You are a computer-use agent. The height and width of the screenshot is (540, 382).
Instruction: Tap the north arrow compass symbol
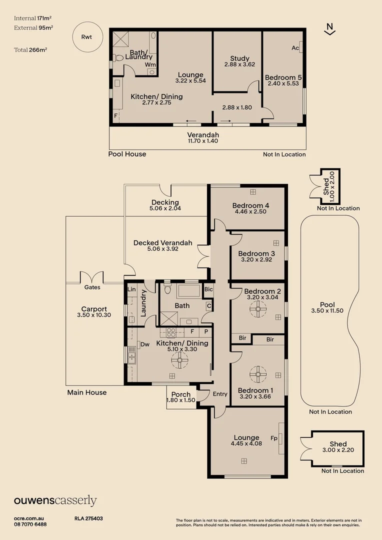329,29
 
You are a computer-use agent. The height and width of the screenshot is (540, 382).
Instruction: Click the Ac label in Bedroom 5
295,48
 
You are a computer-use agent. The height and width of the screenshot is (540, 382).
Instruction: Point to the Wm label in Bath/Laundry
150,65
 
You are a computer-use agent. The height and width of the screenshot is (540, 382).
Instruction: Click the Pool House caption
127,154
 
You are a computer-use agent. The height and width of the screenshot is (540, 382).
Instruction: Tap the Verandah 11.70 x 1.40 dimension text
203,141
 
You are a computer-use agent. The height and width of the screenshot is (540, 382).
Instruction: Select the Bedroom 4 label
250,205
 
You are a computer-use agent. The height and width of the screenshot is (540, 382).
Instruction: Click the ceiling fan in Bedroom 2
258,310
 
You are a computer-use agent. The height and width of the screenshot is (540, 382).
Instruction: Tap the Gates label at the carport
92,287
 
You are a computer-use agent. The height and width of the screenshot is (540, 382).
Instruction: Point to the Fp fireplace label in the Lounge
274,438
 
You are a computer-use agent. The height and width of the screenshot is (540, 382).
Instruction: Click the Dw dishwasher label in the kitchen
145,344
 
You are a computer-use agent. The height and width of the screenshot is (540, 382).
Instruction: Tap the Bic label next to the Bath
208,289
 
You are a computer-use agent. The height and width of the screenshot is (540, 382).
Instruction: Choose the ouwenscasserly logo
55,501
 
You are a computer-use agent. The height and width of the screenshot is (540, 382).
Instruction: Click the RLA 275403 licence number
88,518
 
